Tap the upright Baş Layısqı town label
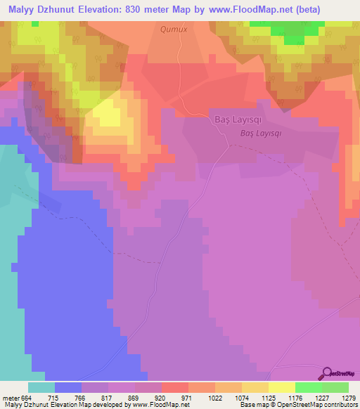coord(237,120)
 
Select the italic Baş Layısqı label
coord(261,132)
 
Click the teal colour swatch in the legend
coord(41,387)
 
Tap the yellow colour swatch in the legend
coord(281,387)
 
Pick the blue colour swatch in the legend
coord(67,387)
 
